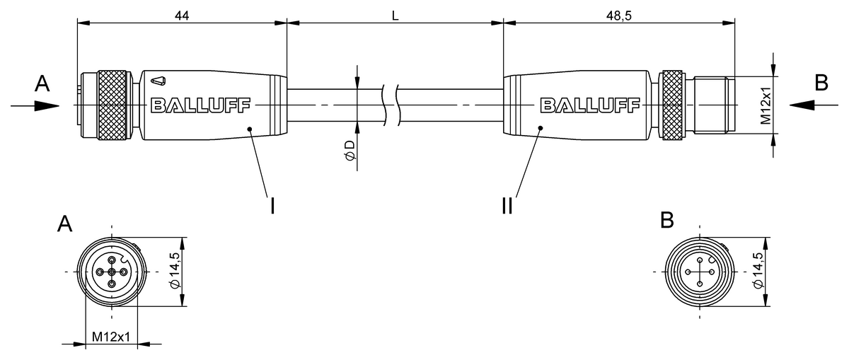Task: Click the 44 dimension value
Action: click(x=182, y=16)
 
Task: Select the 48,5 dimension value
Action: click(x=619, y=16)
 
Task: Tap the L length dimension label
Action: click(x=395, y=16)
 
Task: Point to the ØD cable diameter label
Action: click(x=350, y=150)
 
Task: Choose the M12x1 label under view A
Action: click(x=111, y=336)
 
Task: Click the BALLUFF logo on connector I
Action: click(x=200, y=105)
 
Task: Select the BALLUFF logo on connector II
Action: click(x=590, y=105)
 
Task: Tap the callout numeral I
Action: click(x=272, y=206)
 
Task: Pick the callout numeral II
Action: click(x=507, y=206)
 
